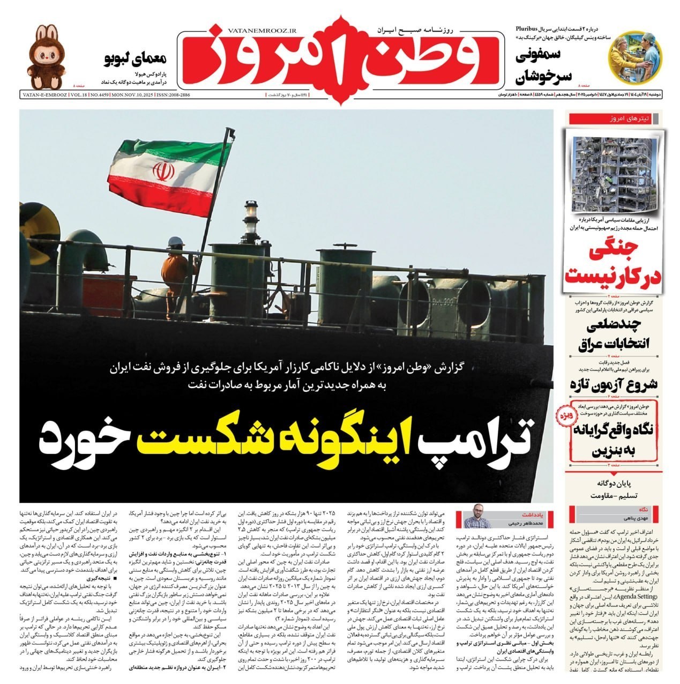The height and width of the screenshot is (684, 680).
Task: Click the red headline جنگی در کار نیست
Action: (614, 264)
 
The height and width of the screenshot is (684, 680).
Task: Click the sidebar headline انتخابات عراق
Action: (615, 336)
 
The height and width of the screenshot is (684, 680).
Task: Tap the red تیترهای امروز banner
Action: (615, 119)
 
